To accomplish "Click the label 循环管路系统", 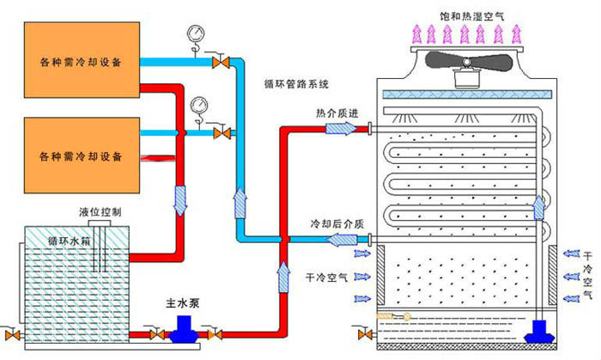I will tap(298, 84).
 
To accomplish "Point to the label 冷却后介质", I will tap(337, 223).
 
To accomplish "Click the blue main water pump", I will tap(183, 327).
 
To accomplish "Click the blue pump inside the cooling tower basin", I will tap(543, 331).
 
